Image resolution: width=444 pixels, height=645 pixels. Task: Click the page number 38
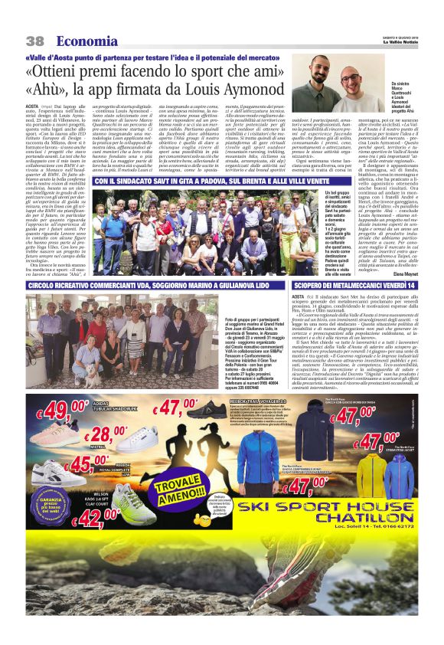35,41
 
